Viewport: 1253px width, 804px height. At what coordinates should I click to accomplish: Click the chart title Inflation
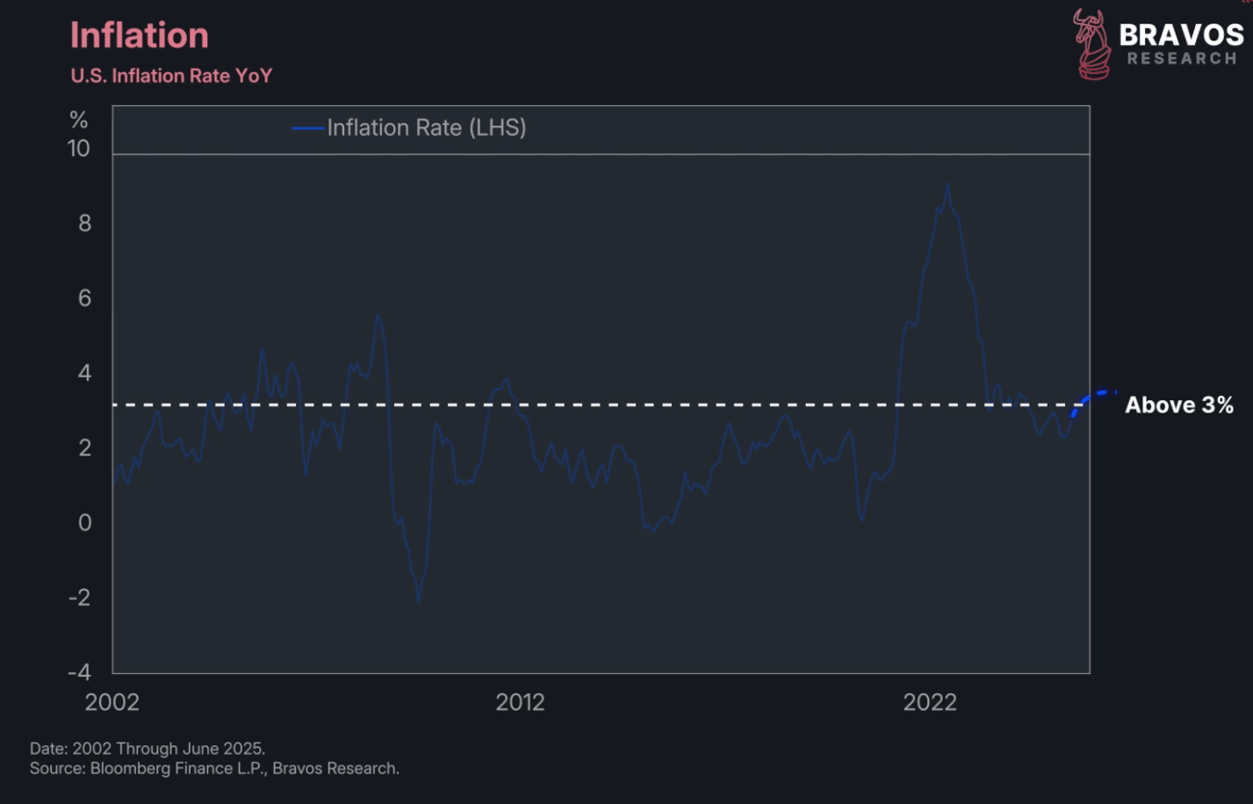coord(140,36)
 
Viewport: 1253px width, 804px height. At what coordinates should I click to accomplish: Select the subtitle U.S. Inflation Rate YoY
coord(172,75)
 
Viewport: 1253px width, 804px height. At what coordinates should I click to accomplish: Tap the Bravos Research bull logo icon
coord(1091,44)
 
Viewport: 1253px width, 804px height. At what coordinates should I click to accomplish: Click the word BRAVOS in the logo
coord(1182,36)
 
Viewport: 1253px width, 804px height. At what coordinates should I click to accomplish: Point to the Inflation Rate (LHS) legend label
coord(426,127)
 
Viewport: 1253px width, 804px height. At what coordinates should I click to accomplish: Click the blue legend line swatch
coord(307,128)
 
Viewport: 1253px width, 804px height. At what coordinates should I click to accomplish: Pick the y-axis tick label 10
coord(78,148)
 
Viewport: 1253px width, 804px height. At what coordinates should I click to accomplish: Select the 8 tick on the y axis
coord(85,224)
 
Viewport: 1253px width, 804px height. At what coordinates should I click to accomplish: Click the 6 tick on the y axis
coord(85,298)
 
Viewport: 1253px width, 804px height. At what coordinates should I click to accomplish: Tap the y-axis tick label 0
coord(85,523)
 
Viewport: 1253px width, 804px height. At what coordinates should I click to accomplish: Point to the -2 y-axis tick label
coord(79,598)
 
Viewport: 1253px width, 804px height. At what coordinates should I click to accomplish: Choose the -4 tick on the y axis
coord(79,672)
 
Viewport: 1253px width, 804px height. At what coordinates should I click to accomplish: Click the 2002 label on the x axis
coord(112,702)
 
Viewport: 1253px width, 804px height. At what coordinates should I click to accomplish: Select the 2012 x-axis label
coord(520,702)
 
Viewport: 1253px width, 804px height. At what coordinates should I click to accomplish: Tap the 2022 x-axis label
coord(930,702)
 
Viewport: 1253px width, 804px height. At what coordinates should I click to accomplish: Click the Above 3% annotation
coord(1179,405)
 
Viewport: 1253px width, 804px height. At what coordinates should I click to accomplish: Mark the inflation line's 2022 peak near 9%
coord(947,184)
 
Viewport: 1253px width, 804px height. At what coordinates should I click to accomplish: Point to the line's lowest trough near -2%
coord(419,602)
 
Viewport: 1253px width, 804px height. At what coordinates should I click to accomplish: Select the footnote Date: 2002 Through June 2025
coord(147,749)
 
